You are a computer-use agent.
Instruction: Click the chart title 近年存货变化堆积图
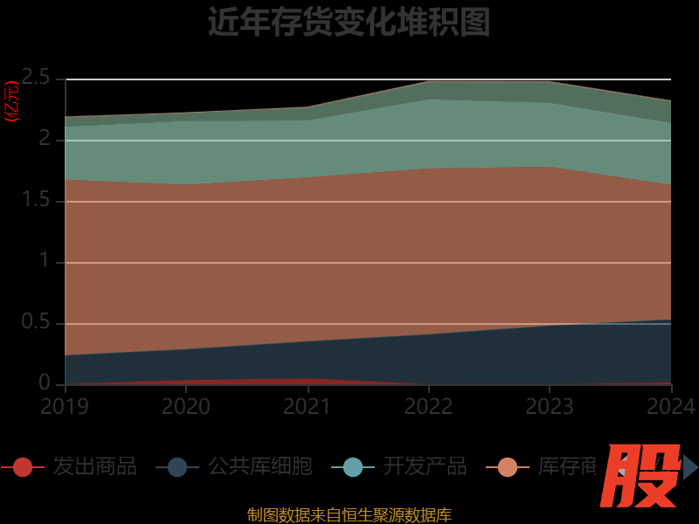349,22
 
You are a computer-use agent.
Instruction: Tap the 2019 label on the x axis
65,406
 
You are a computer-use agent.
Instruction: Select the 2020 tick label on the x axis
186,406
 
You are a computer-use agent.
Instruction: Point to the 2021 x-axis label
308,406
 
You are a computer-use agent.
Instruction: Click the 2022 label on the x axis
428,406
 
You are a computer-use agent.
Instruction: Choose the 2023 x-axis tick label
550,406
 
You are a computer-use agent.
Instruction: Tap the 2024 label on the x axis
670,406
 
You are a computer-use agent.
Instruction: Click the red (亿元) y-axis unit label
11,101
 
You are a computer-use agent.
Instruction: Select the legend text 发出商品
94,466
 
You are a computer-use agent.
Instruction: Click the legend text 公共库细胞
260,466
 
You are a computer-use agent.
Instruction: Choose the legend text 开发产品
425,466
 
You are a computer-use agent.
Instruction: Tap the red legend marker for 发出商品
23,467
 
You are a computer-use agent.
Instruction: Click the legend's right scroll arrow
690,466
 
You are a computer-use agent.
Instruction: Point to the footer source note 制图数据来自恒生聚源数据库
349,514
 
